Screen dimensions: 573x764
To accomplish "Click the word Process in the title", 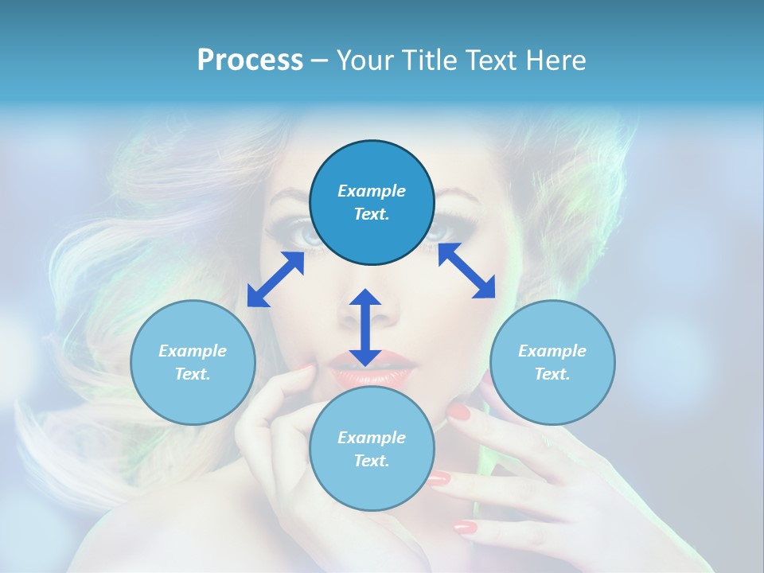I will click(250, 60).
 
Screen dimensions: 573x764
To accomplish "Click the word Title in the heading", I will click(431, 60).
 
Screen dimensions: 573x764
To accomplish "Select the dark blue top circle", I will click(372, 203).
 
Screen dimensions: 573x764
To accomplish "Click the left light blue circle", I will click(193, 362).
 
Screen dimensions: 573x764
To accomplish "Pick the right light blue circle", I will click(552, 362).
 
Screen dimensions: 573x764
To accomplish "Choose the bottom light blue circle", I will click(372, 449).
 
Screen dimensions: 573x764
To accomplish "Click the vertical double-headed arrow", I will click(365, 327).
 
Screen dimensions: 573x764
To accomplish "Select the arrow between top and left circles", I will click(276, 279).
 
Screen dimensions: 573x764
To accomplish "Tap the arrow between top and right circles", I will click(466, 271).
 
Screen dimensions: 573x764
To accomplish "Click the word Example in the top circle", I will click(372, 191).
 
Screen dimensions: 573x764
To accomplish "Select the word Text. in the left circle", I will click(193, 374).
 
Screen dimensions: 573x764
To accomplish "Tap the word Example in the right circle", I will click(552, 351).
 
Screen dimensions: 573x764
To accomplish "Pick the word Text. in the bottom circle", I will click(372, 461).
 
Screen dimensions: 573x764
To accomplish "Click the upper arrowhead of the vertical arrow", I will click(365, 298).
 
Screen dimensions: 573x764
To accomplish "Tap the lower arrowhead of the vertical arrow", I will click(365, 357).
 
